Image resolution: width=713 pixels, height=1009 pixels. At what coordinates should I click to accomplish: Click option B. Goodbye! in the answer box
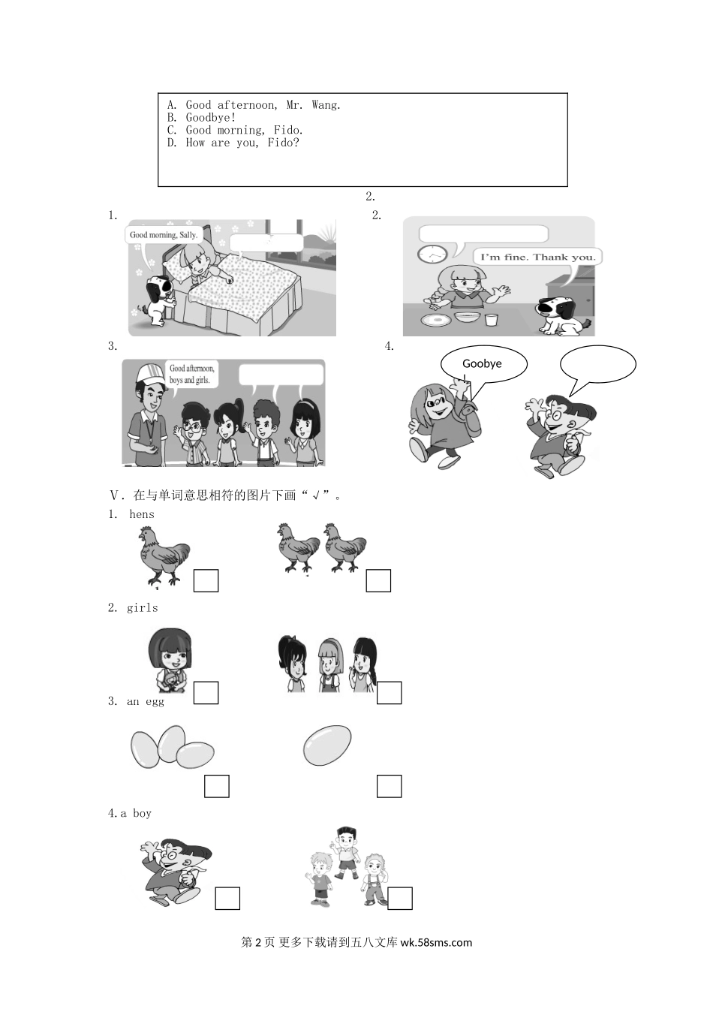pos(201,118)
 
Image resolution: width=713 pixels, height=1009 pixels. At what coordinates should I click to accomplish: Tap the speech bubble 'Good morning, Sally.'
pos(163,235)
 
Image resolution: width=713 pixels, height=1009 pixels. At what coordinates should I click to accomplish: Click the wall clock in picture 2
pos(432,255)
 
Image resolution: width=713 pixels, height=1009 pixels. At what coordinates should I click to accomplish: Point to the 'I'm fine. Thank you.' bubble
pos(538,258)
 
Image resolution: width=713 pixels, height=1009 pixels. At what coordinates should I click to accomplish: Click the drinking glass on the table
pos(491,319)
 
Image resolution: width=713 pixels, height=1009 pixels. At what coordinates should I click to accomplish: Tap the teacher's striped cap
pos(150,373)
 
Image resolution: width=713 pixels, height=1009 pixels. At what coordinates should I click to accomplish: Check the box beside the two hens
pos(378,580)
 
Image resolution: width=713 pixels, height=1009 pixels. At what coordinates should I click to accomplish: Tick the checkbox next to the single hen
pos(206,580)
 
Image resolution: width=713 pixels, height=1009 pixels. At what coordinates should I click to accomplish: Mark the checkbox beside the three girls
pos(390,693)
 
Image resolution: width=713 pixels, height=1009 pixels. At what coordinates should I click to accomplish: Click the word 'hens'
pos(142,514)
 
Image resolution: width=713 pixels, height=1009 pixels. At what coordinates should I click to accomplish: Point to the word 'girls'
pos(143,608)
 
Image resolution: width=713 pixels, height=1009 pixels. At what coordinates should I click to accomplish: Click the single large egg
pos(327,745)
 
